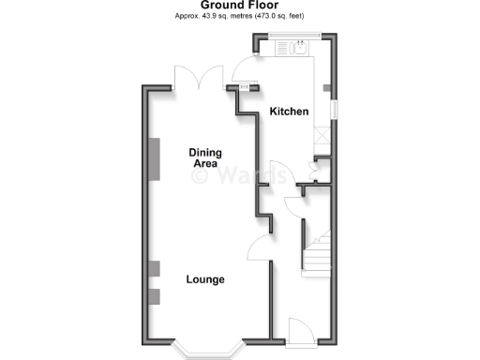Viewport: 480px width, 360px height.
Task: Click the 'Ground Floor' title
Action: (239, 6)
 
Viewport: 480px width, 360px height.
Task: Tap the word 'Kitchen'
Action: (290, 112)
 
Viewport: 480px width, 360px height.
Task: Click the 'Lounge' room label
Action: (204, 279)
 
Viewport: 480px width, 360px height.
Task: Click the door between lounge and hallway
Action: (259, 248)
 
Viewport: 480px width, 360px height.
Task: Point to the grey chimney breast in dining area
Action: (157, 158)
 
